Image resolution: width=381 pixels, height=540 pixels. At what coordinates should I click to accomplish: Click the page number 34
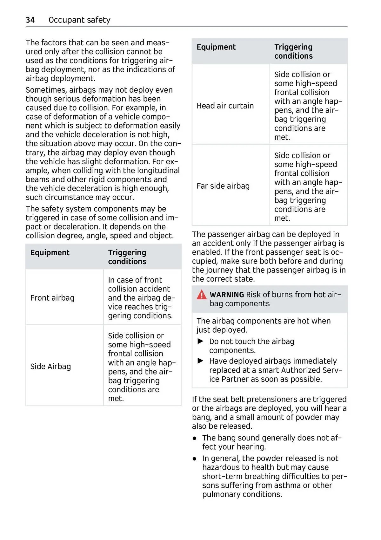tap(30, 20)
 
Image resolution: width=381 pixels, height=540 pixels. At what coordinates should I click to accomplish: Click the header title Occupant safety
tap(79, 20)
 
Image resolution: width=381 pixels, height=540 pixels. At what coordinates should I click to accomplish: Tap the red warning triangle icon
tap(202, 295)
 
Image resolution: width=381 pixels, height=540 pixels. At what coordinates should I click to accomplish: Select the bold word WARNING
tap(227, 295)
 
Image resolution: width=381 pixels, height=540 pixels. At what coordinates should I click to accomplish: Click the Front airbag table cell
tap(52, 298)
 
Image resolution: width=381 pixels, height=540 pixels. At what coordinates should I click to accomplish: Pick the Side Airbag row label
tap(50, 366)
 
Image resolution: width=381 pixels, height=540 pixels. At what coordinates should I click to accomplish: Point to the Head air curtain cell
tap(225, 106)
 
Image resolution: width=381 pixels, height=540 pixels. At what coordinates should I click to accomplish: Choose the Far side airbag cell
tap(223, 186)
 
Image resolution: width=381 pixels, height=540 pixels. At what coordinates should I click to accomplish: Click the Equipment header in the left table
tap(50, 252)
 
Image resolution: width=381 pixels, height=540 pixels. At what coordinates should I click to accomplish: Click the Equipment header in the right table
tap(216, 47)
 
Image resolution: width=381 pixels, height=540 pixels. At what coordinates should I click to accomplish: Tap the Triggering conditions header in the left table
tap(127, 257)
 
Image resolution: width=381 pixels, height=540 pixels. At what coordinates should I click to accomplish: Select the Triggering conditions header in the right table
tap(294, 51)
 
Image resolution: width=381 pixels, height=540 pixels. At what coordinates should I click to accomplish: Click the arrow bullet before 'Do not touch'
tap(201, 341)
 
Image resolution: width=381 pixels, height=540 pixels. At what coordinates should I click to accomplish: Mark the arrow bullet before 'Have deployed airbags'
tap(201, 361)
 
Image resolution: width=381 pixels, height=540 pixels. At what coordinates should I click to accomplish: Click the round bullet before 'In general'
tap(195, 459)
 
